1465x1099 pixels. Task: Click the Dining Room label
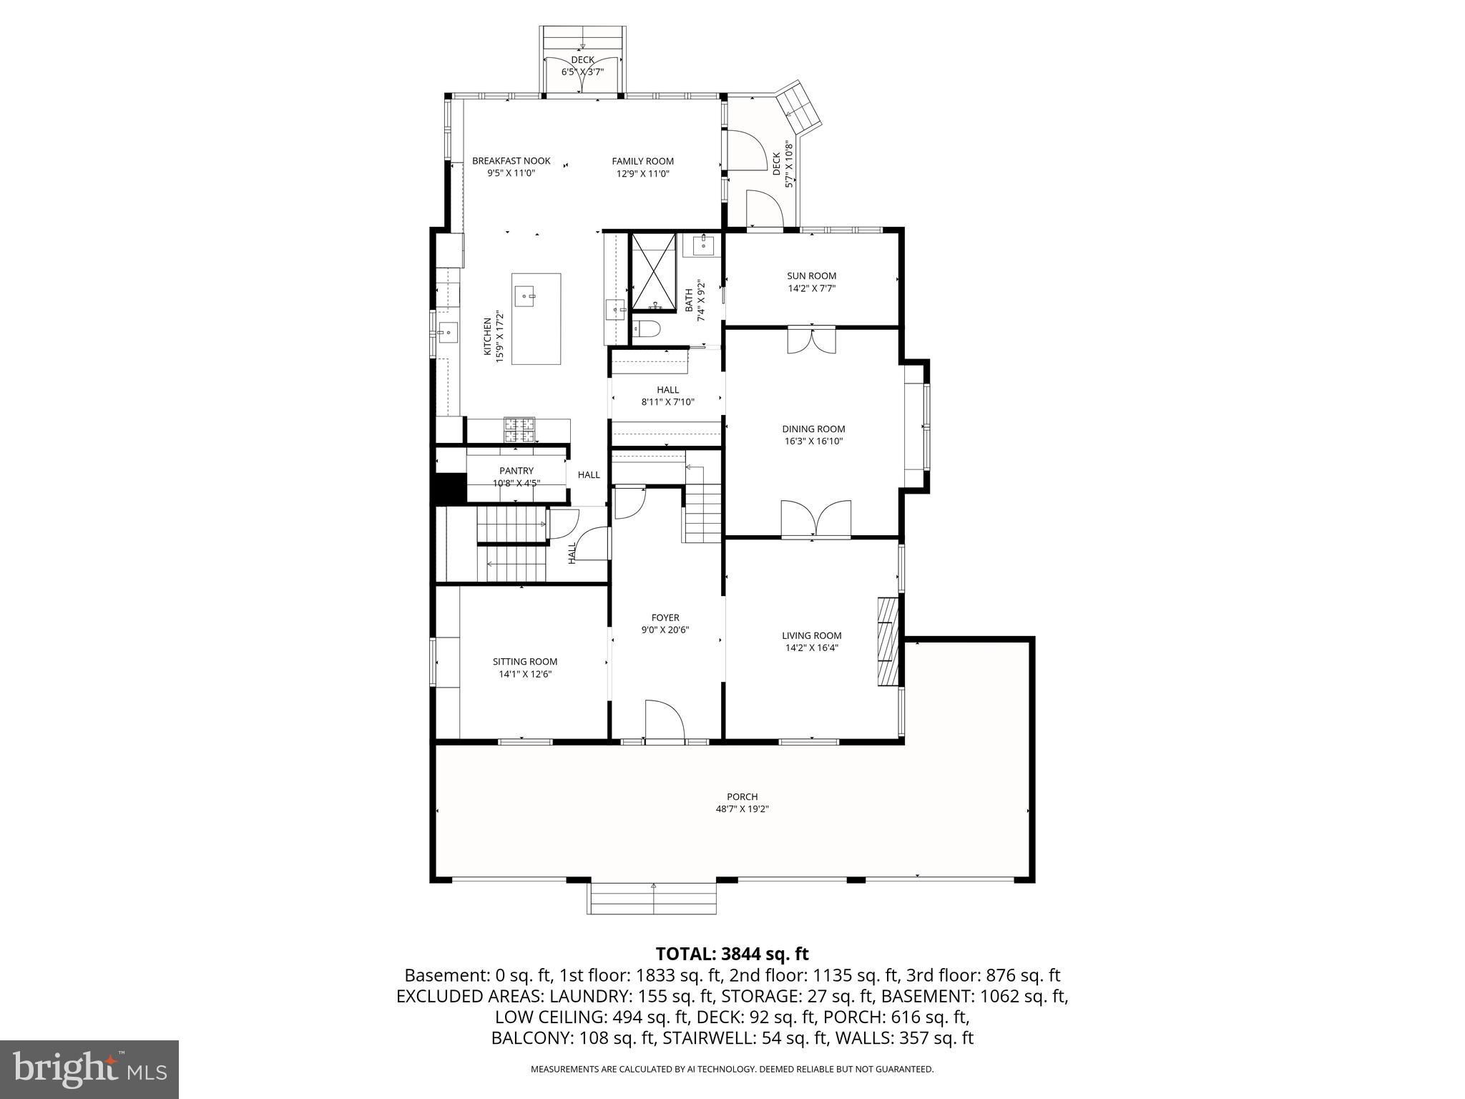pos(813,429)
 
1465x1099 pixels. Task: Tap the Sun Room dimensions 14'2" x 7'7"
pos(811,288)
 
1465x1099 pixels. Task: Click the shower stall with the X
pos(653,272)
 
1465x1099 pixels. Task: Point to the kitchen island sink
pos(526,295)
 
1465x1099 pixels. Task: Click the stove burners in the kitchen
pos(519,429)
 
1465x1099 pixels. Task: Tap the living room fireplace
pos(887,642)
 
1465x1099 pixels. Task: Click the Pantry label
pos(516,471)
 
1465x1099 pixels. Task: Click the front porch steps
pos(652,899)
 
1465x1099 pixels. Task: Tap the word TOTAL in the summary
pos(683,954)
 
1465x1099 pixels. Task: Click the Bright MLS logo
pos(89,1070)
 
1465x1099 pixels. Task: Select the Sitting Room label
pos(525,662)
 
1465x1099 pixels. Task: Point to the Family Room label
pos(642,161)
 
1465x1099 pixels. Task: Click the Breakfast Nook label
pos(511,161)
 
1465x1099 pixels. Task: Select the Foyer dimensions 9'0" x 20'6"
pos(665,630)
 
